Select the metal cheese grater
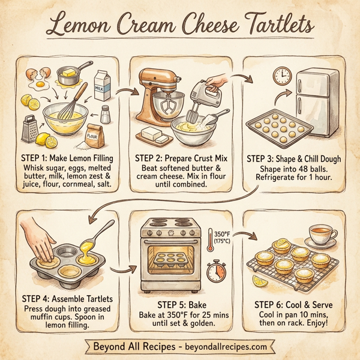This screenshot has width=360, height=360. (29, 128)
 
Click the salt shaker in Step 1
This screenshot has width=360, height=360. (106, 113)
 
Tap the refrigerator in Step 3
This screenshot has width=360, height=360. (319, 102)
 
